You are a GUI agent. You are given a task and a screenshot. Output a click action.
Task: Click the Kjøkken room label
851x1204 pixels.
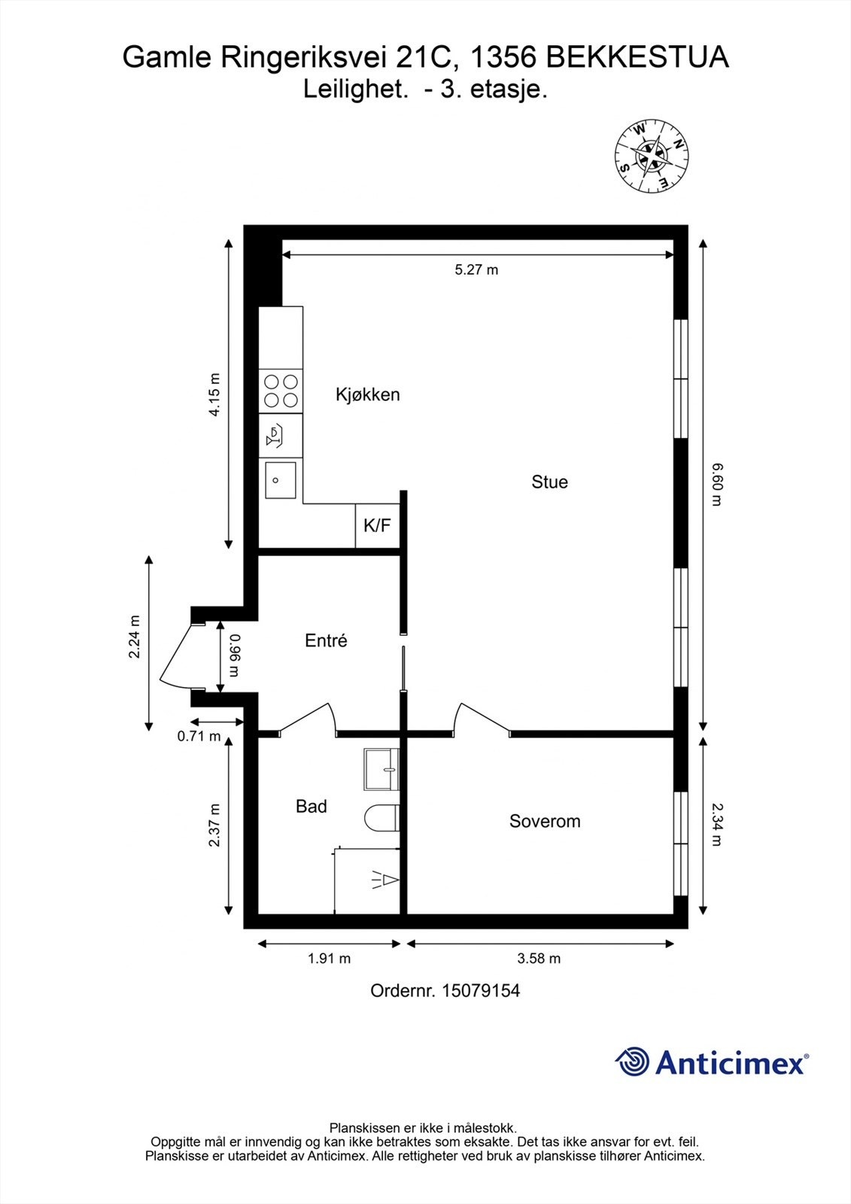[x=367, y=394]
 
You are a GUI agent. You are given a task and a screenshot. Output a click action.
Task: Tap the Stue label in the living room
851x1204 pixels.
[x=549, y=482]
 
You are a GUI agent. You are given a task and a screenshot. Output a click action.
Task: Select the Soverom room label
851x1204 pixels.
[x=545, y=821]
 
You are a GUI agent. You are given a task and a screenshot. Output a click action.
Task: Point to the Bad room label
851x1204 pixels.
[x=311, y=807]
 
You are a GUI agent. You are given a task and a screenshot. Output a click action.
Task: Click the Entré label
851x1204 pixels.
[x=326, y=640]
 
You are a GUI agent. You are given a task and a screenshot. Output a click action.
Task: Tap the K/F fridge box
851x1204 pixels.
[x=377, y=525]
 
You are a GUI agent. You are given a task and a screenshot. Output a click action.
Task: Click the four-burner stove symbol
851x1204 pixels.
[x=281, y=391]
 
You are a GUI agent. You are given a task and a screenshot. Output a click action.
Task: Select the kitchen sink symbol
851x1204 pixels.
[x=280, y=479]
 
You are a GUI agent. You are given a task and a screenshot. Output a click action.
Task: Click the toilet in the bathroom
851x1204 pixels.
[x=381, y=819]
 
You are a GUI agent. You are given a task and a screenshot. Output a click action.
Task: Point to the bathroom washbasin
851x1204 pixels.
[x=381, y=769]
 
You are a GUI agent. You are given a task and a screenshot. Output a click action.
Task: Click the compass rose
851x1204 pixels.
[x=652, y=157]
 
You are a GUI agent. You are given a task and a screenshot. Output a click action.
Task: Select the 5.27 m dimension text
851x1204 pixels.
[x=476, y=269]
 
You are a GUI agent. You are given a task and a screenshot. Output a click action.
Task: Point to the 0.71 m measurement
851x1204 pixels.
[x=199, y=737]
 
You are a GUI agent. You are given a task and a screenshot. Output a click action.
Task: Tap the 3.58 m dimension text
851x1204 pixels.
[x=539, y=959]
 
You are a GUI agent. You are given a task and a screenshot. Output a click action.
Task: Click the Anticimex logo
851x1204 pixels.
[x=711, y=1063]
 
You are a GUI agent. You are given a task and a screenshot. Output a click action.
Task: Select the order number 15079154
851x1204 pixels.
[x=480, y=991]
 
